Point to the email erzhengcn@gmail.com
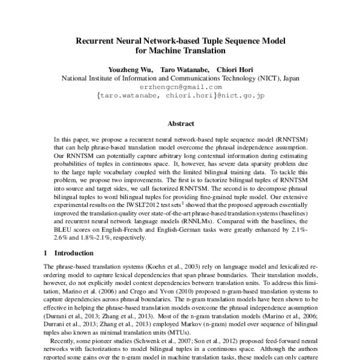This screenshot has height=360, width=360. coord(180,87)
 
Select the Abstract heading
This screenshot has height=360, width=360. coord(180,124)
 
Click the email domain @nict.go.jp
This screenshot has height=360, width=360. coord(241,95)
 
